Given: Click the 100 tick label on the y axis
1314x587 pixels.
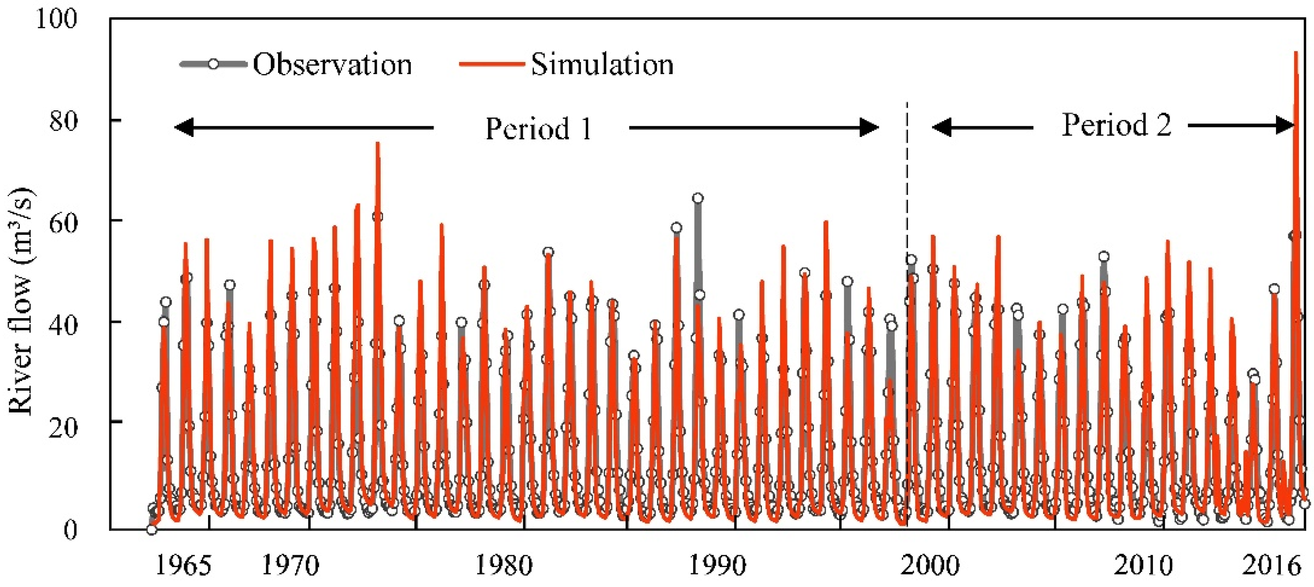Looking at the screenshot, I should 56,19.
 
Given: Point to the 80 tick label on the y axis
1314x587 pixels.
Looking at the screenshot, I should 64,121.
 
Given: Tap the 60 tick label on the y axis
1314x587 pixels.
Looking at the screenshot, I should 64,222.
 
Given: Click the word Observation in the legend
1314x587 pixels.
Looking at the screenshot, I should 332,65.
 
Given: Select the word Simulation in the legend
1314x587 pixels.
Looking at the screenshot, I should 602,65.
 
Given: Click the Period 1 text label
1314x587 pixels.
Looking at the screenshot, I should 538,128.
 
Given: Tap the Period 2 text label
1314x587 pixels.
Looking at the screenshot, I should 1116,125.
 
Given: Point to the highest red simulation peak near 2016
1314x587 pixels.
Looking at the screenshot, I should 1296,53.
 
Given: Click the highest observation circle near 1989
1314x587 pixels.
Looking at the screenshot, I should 698,198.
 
